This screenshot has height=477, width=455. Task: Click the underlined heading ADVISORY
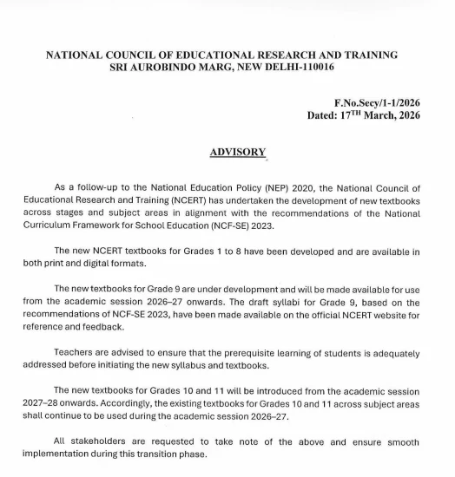(x=237, y=152)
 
